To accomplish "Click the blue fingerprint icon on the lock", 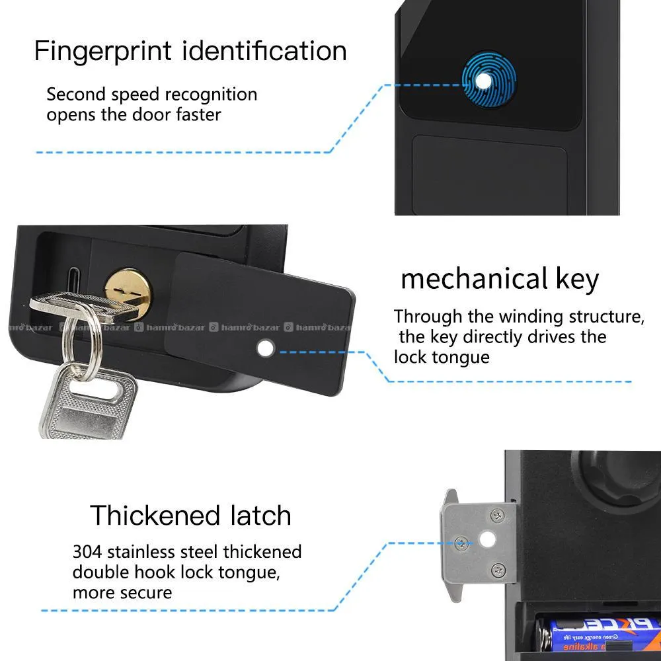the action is click(488, 80).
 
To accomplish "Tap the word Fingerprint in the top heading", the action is click(103, 52).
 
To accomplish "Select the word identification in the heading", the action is click(264, 51).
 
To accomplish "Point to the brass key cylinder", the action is click(129, 291).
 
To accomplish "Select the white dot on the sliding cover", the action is click(266, 348).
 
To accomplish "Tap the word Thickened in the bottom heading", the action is click(155, 516).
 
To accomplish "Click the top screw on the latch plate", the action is click(498, 516).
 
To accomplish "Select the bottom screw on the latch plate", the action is click(498, 571).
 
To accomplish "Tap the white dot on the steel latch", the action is click(488, 539).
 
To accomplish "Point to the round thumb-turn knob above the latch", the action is click(619, 477).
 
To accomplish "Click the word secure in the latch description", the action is click(147, 593).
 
